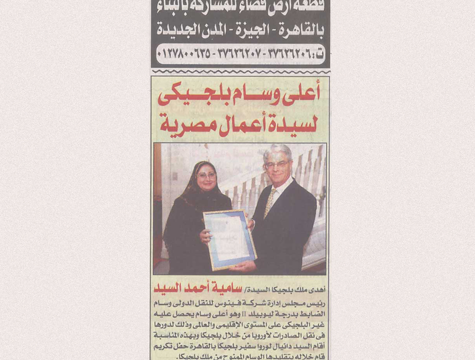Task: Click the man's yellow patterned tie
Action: [270, 203]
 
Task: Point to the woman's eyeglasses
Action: [206, 176]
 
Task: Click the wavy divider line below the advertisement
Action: [239, 71]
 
